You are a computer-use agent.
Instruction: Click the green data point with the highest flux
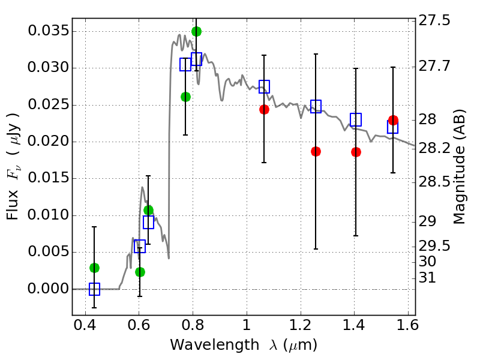tap(196, 31)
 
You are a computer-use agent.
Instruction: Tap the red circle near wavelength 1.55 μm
tap(393, 121)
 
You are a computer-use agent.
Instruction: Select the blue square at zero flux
tap(94, 289)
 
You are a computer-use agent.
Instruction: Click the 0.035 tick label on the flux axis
tap(46, 31)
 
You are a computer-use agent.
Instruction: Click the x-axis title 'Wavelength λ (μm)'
tap(243, 345)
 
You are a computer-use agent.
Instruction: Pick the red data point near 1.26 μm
tap(316, 151)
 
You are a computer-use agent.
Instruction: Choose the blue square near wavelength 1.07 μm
tap(264, 86)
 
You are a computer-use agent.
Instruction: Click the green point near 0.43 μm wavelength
tap(94, 268)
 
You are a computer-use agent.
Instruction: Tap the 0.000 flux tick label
tap(46, 289)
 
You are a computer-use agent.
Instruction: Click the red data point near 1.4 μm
tap(356, 152)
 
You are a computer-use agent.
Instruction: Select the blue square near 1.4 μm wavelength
tap(356, 119)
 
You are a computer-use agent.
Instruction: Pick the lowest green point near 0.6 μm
tap(140, 272)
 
